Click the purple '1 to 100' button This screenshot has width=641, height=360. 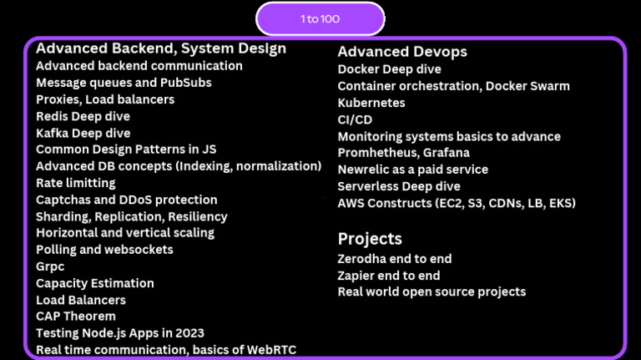pos(320,19)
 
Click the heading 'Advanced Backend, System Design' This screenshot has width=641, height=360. pos(161,48)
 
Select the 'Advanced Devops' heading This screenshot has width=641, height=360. pos(402,52)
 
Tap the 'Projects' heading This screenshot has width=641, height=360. pos(370,238)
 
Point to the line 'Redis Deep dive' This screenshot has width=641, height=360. pos(83,116)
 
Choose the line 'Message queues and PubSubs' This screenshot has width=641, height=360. pos(124,83)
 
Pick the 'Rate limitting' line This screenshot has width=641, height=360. pos(76,183)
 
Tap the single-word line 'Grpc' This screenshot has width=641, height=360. pos(50,266)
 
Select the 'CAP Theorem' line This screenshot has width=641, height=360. pos(75,317)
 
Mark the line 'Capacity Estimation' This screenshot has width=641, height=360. pos(95,283)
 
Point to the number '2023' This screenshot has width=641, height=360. pos(189,333)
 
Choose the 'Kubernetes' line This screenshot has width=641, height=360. pos(371,103)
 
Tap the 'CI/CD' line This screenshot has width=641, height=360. pos(355,119)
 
